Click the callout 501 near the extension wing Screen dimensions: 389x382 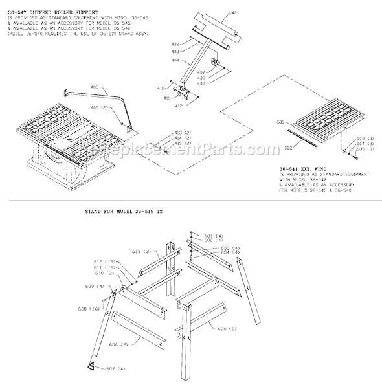281,121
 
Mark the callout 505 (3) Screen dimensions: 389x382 365,148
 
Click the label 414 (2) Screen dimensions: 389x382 183,137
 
